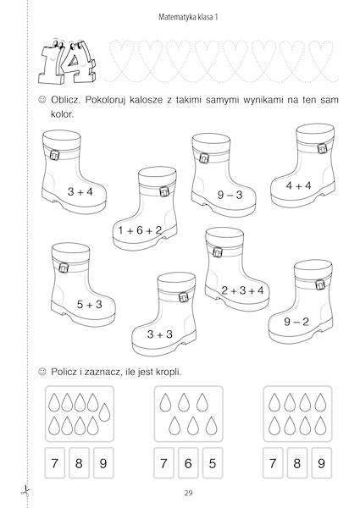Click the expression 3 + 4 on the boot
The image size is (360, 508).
80,191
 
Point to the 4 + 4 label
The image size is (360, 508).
300,185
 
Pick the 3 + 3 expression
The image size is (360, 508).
160,334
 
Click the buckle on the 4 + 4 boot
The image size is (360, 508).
322,150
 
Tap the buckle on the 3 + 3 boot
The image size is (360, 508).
183,296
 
